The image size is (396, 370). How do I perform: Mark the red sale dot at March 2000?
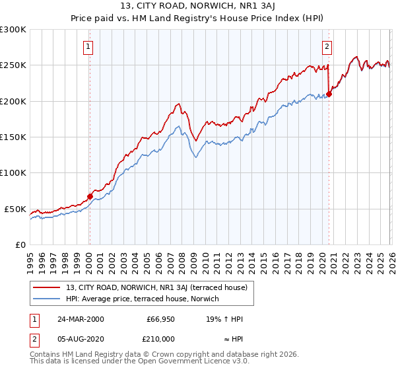click(x=90, y=196)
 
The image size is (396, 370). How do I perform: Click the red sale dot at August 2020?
click(x=329, y=94)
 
